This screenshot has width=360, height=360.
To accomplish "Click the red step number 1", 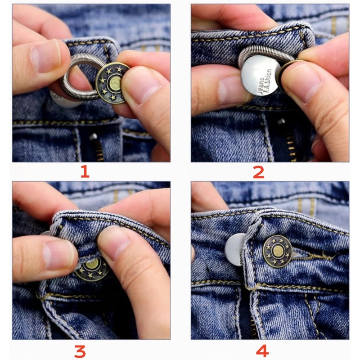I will click(x=85, y=171).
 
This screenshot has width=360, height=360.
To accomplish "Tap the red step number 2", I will click(x=258, y=171).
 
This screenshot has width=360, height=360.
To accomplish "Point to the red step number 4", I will click(x=261, y=350).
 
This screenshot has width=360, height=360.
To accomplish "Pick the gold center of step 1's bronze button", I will click(x=115, y=82).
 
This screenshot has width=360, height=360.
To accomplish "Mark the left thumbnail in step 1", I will click(x=45, y=57).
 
